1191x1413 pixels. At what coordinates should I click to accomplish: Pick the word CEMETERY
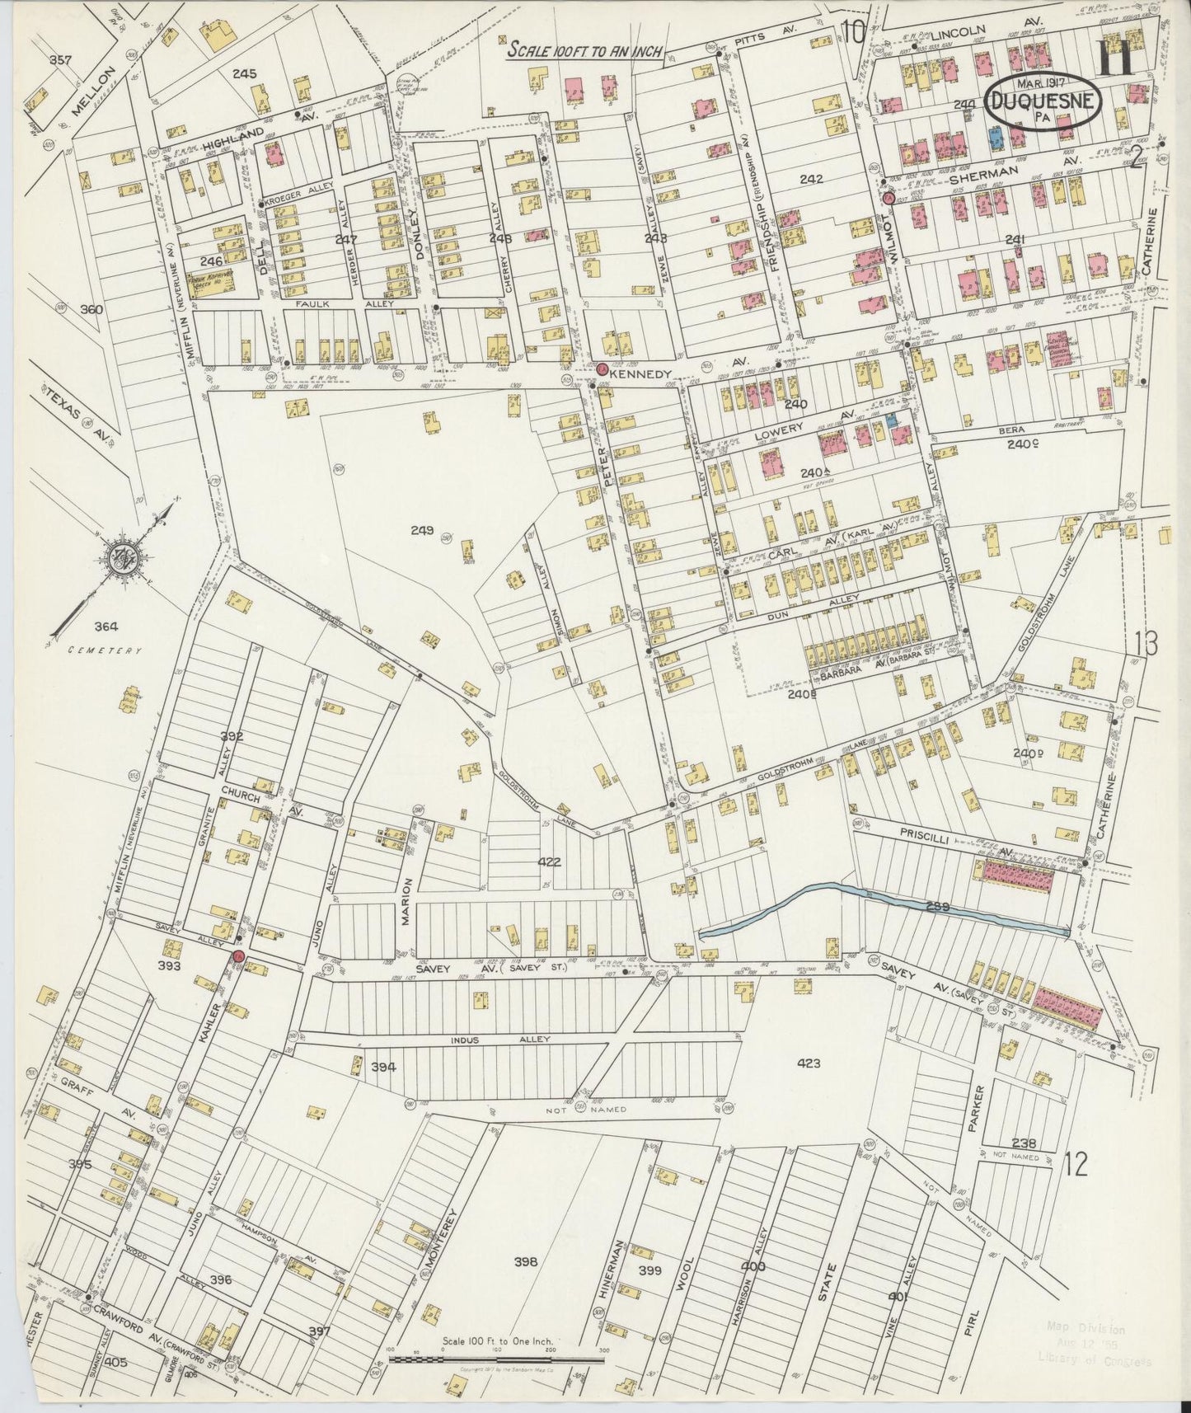point(106,650)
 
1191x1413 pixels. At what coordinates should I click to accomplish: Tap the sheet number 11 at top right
point(1117,60)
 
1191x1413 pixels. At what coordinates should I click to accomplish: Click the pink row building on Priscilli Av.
point(1015,875)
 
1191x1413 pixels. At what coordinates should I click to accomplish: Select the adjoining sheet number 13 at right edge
point(1146,642)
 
